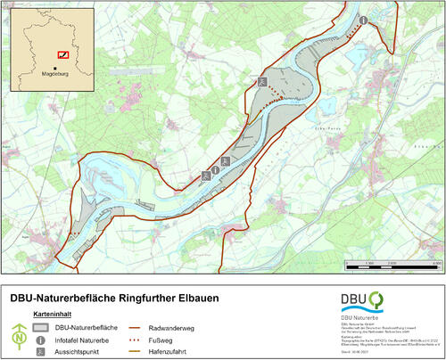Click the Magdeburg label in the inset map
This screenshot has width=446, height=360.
(x=55, y=78)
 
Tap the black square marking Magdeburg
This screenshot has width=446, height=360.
(x=55, y=70)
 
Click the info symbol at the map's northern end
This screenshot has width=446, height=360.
(x=363, y=20)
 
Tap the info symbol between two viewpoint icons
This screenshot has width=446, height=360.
(x=216, y=168)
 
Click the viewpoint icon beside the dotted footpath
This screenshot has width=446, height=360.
(x=262, y=81)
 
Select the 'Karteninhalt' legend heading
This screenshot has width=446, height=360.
(x=53, y=315)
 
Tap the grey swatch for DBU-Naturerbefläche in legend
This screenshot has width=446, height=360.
(x=41, y=327)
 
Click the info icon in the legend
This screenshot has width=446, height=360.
(x=41, y=340)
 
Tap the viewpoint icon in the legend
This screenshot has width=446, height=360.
(x=41, y=352)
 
